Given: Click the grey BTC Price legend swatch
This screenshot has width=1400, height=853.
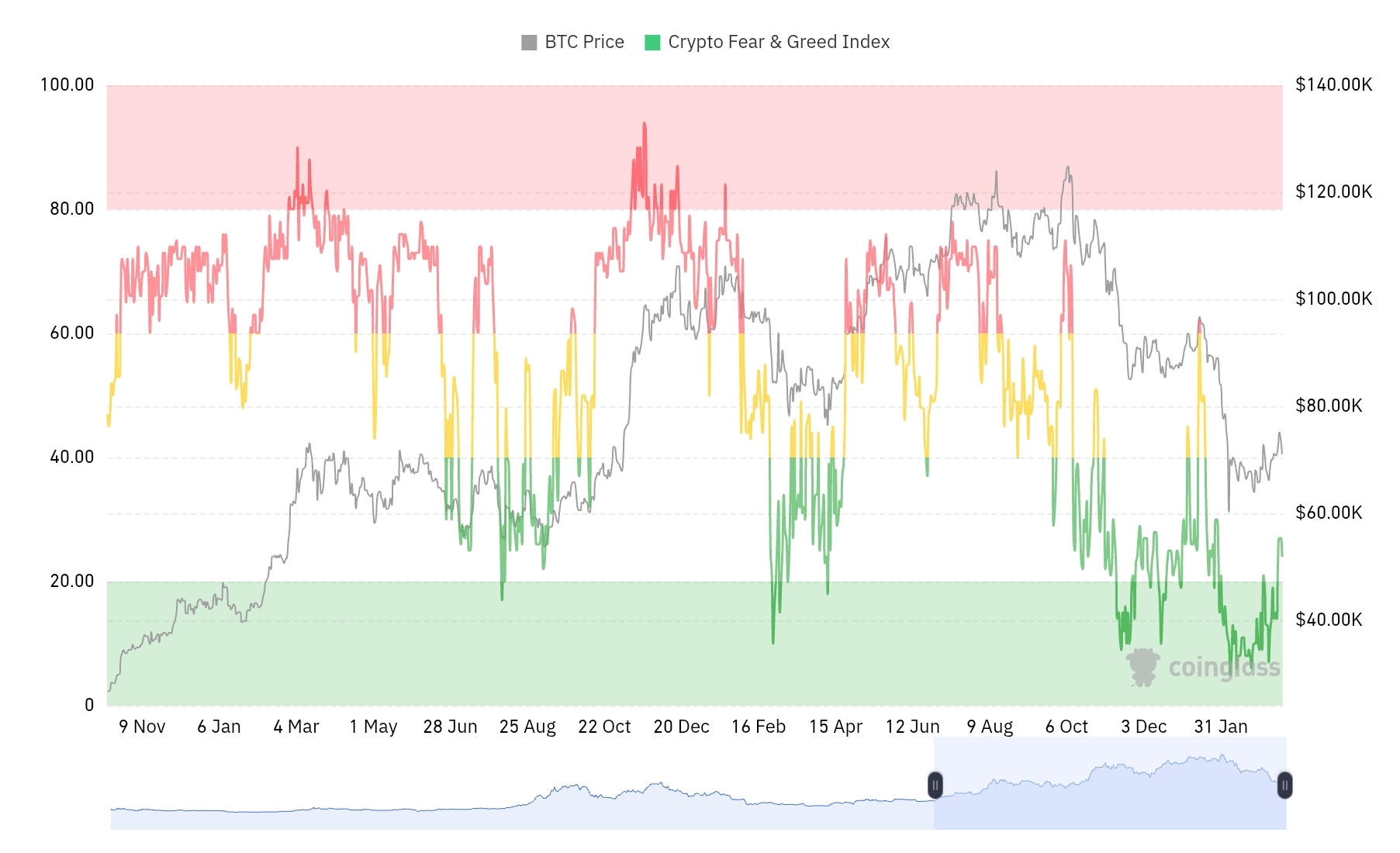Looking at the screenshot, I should click(529, 43).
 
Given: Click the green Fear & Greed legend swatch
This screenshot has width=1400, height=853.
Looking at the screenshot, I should click(652, 43).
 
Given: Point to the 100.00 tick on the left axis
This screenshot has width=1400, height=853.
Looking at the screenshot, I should click(67, 85).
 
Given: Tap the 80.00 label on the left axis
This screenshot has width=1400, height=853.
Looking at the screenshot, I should click(71, 209).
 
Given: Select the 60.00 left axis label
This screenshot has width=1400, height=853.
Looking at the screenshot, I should click(71, 333).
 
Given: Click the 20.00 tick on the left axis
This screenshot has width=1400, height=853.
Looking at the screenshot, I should click(71, 581).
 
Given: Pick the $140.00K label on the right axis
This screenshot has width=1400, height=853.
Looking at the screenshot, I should click(1333, 85).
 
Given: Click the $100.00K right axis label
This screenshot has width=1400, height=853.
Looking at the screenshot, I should click(1333, 299).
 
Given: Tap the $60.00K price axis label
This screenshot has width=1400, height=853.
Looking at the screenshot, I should click(1329, 513).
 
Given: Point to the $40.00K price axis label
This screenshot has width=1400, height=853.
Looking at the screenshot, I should click(1329, 620).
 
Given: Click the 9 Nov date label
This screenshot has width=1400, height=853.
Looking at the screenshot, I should click(142, 727).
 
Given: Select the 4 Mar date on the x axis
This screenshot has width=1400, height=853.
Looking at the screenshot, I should click(296, 727).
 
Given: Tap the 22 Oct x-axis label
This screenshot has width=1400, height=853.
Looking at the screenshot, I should click(604, 727).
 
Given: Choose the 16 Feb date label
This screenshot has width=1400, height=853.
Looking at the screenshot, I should click(759, 727).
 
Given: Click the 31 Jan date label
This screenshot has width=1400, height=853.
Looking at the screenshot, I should click(1221, 727).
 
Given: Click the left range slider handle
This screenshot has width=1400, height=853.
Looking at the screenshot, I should click(935, 786).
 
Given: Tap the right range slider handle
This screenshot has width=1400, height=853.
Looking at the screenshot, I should click(1284, 786).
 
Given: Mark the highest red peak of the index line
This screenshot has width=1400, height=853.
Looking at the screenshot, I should click(644, 123).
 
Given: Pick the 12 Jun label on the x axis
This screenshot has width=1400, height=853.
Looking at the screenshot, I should click(912, 727).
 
